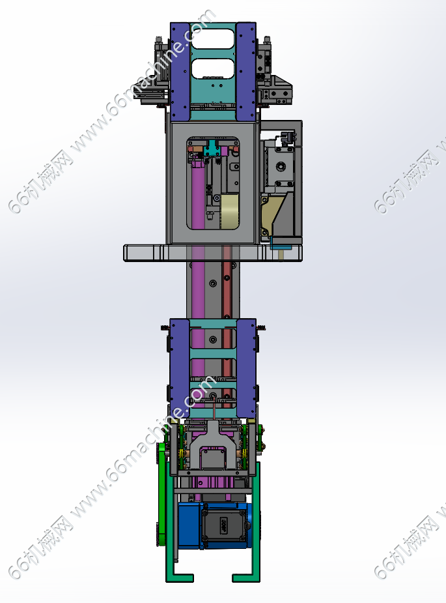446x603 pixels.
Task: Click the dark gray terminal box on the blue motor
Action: pos(223,525)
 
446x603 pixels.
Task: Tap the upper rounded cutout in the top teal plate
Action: pos(212,39)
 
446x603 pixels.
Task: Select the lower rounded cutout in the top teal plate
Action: pos(212,68)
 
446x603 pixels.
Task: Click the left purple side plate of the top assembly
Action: pos(180,71)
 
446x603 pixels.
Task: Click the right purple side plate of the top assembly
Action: pos(246,71)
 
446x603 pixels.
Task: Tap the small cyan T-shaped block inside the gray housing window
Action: pos(212,149)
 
